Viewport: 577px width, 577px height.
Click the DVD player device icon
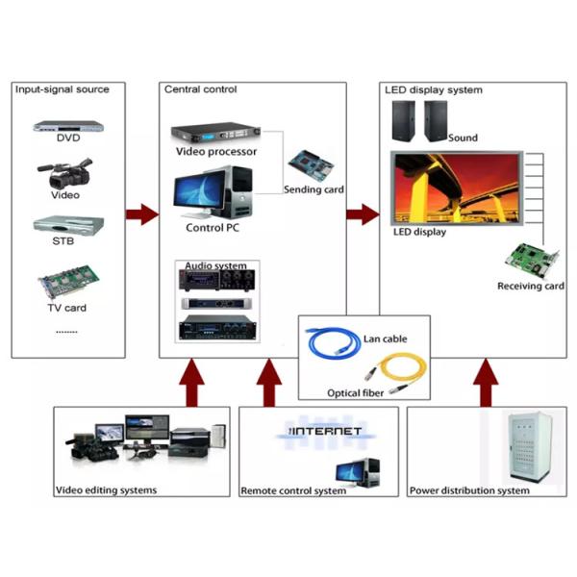coord(67,124)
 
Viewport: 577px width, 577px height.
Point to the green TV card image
coord(66,284)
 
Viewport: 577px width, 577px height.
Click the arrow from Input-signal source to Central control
coord(141,214)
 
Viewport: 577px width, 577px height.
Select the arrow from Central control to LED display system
coord(364,214)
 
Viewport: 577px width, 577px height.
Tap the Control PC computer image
coord(213,193)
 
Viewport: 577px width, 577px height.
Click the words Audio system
coord(215,265)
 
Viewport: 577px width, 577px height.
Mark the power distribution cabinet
coord(528,449)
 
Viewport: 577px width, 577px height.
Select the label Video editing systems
coord(106,490)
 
